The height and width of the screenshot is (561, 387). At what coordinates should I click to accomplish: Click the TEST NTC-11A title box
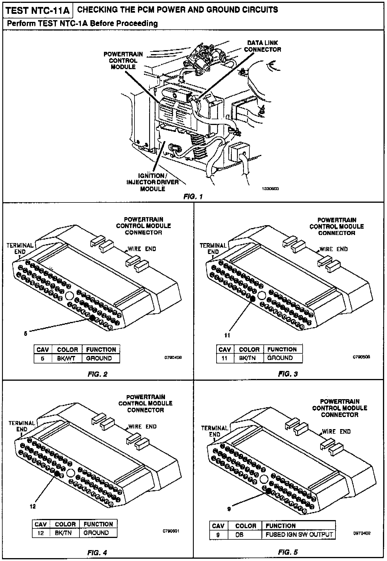[38, 11]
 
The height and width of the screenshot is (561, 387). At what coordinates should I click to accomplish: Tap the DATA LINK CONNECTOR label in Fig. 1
[262, 46]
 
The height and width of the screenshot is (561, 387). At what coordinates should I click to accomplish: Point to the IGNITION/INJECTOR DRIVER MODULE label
[153, 182]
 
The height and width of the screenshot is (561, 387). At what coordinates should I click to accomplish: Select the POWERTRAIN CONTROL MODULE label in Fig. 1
[123, 60]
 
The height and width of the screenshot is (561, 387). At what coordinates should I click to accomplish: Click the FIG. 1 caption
[193, 197]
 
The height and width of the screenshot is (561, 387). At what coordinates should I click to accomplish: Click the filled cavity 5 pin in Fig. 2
[92, 318]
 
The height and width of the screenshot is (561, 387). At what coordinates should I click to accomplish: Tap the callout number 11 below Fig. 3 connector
[227, 335]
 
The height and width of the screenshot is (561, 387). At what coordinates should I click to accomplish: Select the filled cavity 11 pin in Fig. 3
[253, 299]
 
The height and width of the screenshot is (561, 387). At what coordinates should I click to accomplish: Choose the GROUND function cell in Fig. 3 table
[280, 358]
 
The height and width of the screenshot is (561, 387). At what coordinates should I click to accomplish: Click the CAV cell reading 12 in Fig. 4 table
[41, 533]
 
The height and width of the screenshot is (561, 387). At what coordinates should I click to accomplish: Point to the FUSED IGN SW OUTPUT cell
[299, 535]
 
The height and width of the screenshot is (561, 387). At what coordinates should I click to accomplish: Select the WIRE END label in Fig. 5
[336, 432]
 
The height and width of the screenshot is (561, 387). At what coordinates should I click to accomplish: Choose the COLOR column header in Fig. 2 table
[67, 350]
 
